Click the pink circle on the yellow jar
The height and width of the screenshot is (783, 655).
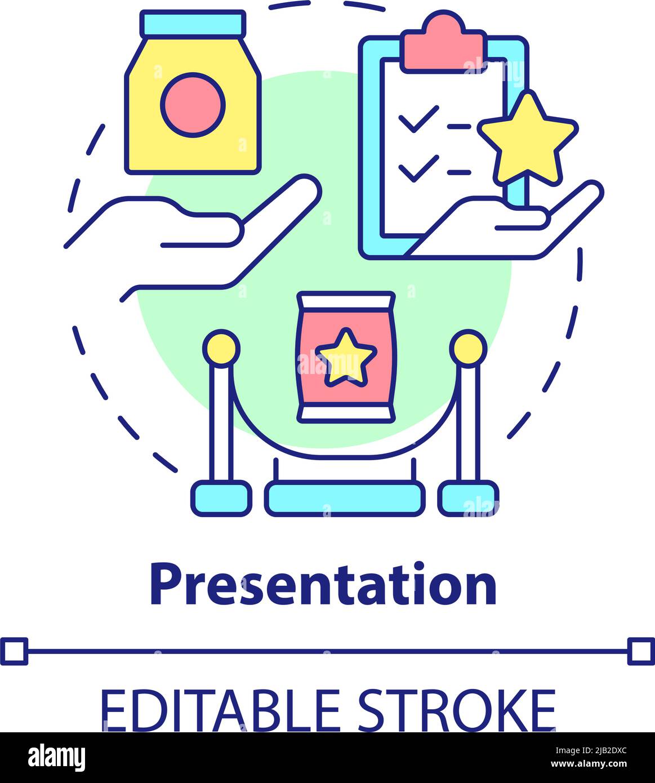pyautogui.click(x=193, y=104)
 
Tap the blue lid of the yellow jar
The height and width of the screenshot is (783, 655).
pyautogui.click(x=193, y=23)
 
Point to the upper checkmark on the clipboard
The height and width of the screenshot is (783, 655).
pyautogui.click(x=417, y=118)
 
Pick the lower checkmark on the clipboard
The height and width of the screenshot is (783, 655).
pyautogui.click(x=417, y=168)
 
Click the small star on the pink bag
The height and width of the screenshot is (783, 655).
pyautogui.click(x=345, y=358)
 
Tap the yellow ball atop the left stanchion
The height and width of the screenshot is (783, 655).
pyautogui.click(x=221, y=349)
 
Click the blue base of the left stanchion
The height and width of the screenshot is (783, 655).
pyautogui.click(x=221, y=498)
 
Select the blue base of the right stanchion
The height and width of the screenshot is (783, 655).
pyautogui.click(x=468, y=498)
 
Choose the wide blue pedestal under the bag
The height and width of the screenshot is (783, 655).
pyautogui.click(x=345, y=499)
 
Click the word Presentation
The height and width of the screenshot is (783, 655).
pyautogui.click(x=323, y=585)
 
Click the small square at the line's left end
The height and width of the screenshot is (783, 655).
pyautogui.click(x=14, y=652)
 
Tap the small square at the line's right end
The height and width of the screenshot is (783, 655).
pyautogui.click(x=641, y=652)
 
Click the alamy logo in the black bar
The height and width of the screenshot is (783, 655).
pyautogui.click(x=57, y=758)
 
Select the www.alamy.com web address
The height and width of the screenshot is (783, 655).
pyautogui.click(x=589, y=764)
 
